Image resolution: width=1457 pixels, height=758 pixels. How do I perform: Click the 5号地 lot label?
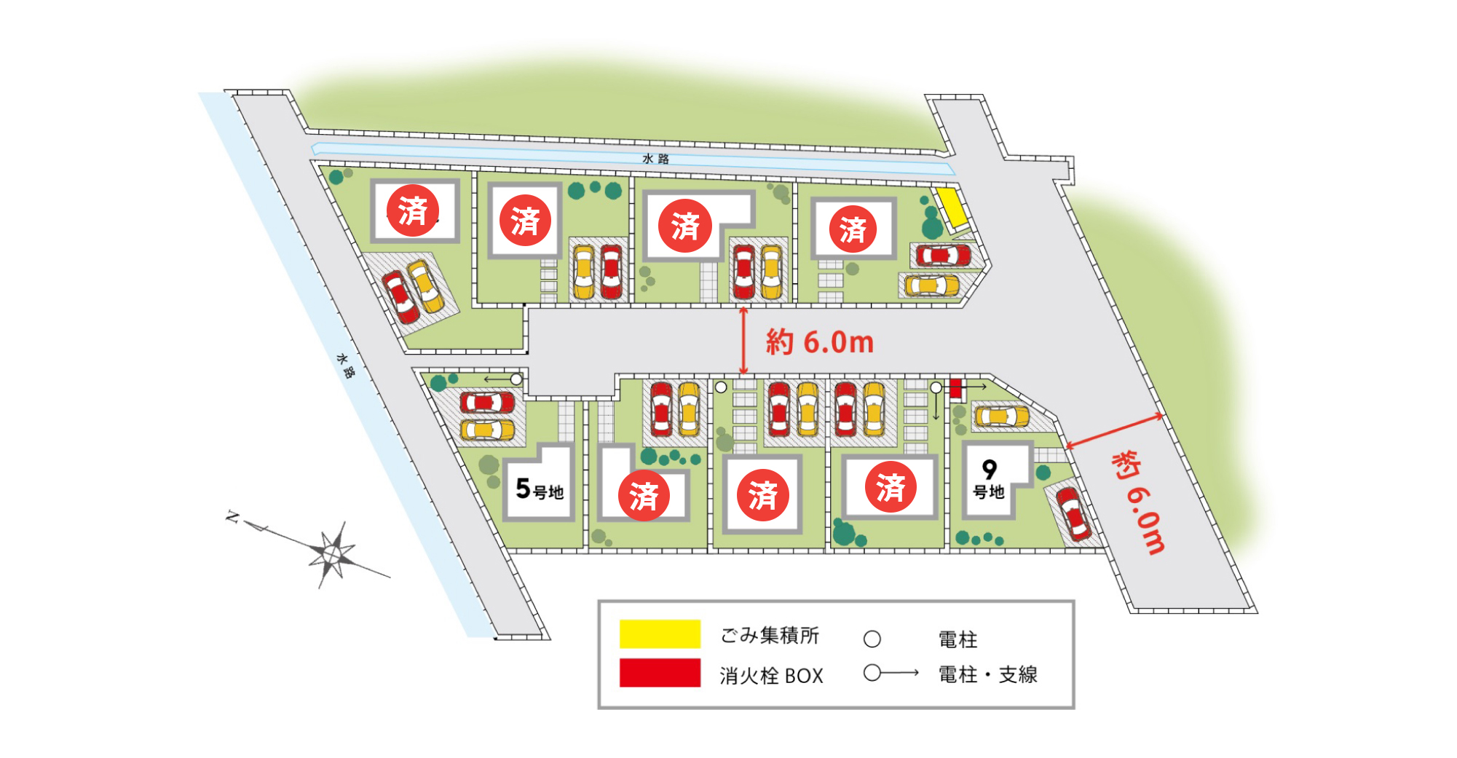[x=540, y=489]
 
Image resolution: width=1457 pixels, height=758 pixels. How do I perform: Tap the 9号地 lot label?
[x=989, y=480]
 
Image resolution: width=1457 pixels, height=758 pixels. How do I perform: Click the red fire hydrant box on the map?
[x=955, y=389]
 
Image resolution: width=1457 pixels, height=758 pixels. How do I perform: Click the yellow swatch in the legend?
[x=660, y=633]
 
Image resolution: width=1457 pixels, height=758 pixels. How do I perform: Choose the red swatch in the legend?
[x=660, y=673]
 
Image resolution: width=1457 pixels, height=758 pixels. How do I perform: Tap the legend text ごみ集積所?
[x=770, y=636]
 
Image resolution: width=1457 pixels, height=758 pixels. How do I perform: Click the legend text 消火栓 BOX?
[x=771, y=676]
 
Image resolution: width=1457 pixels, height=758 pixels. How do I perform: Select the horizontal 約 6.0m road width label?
[x=819, y=342]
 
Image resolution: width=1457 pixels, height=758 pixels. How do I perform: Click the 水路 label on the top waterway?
[x=655, y=159]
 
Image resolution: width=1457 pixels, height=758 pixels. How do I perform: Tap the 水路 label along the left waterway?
[x=346, y=366]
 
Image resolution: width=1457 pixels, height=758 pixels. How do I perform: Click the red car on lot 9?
[x=1074, y=514]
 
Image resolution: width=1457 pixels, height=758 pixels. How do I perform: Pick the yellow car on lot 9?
[x=1002, y=416]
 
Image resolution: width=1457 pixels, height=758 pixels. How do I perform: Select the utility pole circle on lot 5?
[x=516, y=379]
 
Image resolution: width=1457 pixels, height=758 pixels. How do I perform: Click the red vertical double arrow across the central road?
[x=743, y=341]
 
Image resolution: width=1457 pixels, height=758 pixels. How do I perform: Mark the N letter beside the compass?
[x=232, y=517]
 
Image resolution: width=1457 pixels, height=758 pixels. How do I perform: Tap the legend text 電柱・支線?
[x=987, y=674]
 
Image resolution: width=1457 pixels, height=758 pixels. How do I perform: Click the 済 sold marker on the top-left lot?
[x=413, y=210]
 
